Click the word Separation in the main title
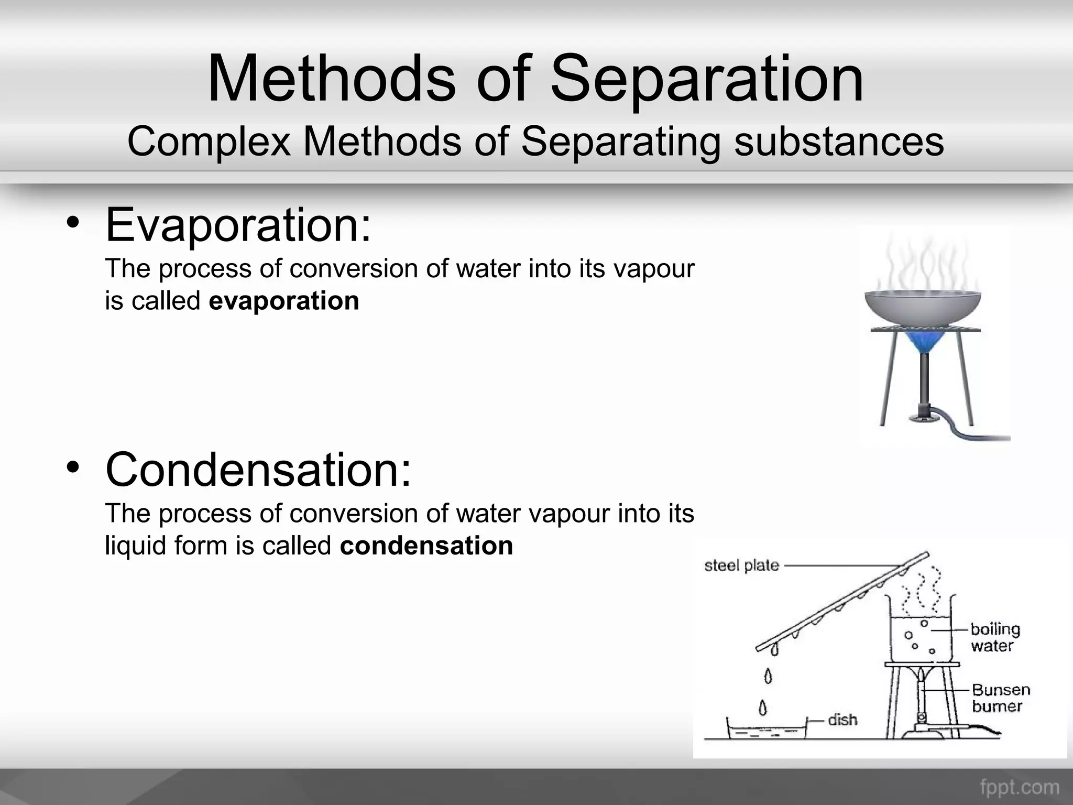pyautogui.click(x=706, y=80)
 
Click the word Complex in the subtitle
pyautogui.click(x=209, y=142)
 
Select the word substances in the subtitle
pyautogui.click(x=839, y=142)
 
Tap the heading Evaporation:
pyautogui.click(x=238, y=225)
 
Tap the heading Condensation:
pyautogui.click(x=259, y=470)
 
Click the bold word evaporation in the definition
pyautogui.click(x=284, y=301)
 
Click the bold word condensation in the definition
pyautogui.click(x=426, y=546)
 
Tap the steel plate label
pyautogui.click(x=741, y=565)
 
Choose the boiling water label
pyautogui.click(x=994, y=637)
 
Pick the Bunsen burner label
pyautogui.click(x=1000, y=698)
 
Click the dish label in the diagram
pyautogui.click(x=842, y=720)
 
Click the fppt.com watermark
pyautogui.click(x=1019, y=787)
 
